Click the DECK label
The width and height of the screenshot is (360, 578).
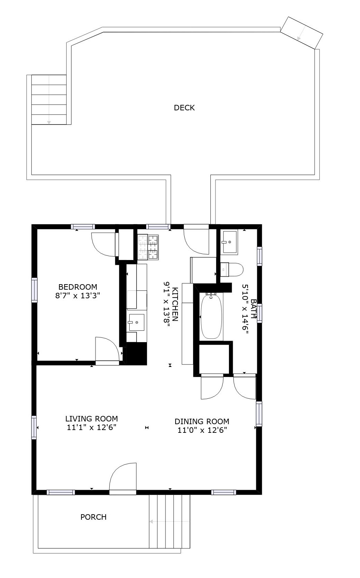tap(184, 108)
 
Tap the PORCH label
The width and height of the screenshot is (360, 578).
tap(93, 517)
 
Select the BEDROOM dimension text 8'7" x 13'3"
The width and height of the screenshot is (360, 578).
tap(78, 296)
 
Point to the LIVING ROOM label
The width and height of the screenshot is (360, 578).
tap(92, 419)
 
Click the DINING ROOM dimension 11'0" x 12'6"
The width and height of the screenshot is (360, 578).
tap(202, 430)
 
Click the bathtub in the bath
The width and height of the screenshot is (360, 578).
tap(211, 316)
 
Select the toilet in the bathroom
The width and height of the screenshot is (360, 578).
tap(232, 270)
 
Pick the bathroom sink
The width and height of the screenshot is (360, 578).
tap(230, 242)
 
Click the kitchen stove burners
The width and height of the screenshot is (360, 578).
tap(148, 247)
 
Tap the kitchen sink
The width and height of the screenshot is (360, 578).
tap(137, 322)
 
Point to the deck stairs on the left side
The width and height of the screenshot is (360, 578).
tap(49, 100)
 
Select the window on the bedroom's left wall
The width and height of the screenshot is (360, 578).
tap(34, 290)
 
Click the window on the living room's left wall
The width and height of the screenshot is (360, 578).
tap(34, 427)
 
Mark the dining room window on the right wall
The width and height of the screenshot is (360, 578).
tap(259, 414)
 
